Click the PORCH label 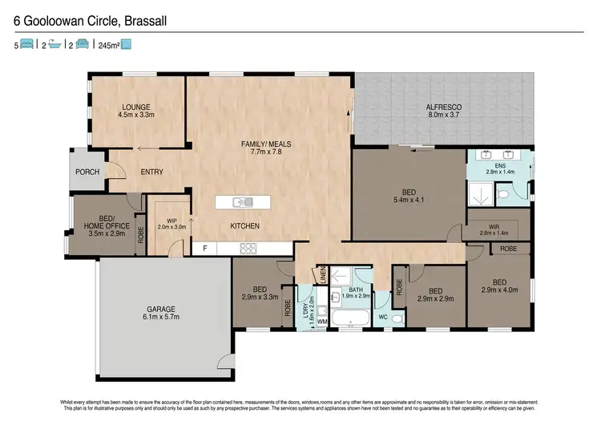87,172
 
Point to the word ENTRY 152,172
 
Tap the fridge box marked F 205,249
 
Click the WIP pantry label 171,221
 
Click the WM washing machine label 323,322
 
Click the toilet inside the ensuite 502,193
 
